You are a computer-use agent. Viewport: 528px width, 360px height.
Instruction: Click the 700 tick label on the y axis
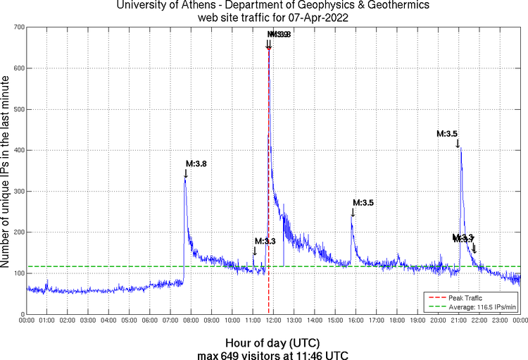[18, 27]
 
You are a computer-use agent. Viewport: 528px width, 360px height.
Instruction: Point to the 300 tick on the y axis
[18, 191]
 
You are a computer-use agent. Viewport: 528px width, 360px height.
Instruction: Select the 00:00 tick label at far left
[27, 321]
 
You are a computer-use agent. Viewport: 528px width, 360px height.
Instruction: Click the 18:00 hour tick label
[396, 321]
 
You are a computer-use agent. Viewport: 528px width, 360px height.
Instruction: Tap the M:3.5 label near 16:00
[363, 202]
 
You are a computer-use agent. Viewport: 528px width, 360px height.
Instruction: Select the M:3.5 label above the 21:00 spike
[448, 133]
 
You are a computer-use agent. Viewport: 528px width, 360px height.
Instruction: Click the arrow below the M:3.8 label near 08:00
[186, 173]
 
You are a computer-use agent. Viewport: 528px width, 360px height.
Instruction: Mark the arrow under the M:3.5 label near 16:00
[353, 212]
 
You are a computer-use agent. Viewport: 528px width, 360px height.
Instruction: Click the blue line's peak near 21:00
[460, 147]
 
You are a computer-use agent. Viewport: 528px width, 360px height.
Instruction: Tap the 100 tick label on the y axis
[18, 273]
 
